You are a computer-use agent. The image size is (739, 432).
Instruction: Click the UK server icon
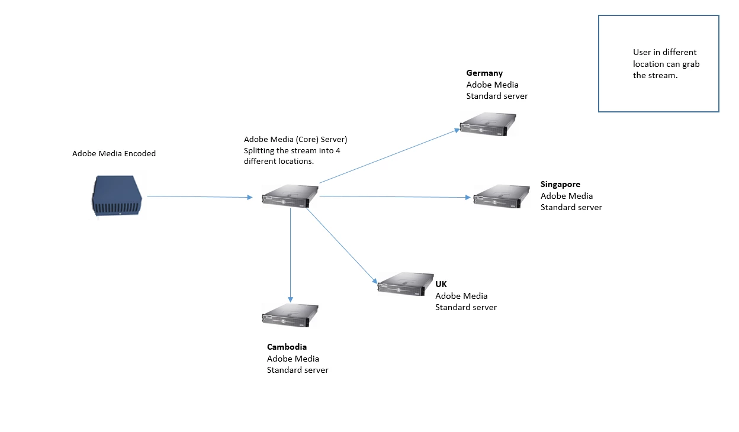point(406,284)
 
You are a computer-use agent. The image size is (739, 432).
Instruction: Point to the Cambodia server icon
point(290,315)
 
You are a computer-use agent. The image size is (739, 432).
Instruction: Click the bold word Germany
point(484,73)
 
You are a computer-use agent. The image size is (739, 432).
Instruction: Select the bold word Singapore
point(560,185)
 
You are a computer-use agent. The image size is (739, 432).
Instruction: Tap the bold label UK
point(442,285)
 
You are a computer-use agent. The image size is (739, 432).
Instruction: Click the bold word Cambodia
point(287,347)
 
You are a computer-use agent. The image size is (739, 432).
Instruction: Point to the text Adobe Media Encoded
point(114,154)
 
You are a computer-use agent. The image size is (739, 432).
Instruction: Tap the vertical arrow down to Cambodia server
point(290,254)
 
